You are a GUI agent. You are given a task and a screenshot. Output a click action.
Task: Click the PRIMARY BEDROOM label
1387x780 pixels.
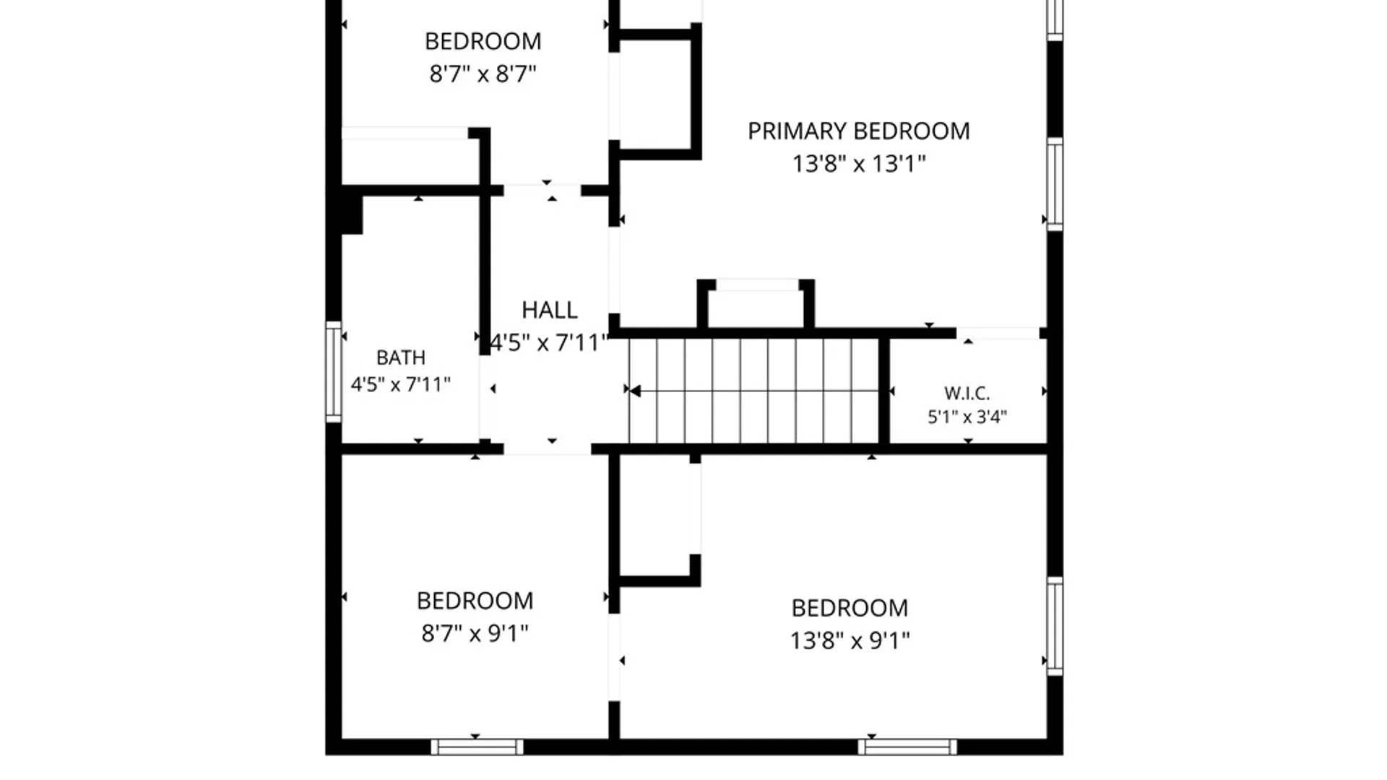(858, 131)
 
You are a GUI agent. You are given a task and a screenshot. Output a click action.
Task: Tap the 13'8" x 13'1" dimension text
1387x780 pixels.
(858, 164)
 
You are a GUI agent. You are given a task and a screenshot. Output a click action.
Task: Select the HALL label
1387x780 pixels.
(549, 311)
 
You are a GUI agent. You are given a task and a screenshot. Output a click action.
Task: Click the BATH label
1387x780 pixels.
(401, 357)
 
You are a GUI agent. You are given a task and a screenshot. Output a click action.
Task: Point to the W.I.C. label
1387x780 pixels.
(967, 394)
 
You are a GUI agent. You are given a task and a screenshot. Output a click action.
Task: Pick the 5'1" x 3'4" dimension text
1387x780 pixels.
(967, 417)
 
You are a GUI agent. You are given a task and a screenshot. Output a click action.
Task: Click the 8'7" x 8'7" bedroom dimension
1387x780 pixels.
(483, 74)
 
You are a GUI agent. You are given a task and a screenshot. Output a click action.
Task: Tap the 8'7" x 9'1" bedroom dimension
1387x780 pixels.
(475, 633)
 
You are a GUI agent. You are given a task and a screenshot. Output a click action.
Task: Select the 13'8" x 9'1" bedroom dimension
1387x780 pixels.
(850, 641)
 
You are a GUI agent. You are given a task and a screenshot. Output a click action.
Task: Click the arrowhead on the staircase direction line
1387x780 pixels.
(635, 391)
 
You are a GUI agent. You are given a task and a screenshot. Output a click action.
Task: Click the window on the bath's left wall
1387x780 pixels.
(333, 371)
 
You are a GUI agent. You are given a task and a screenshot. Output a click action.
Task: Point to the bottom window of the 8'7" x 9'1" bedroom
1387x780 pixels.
(477, 747)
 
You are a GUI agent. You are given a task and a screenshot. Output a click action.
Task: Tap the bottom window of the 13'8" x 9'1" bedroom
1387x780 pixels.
(907, 747)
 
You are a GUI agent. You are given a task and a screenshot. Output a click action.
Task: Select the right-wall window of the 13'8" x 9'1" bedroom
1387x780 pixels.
(1055, 626)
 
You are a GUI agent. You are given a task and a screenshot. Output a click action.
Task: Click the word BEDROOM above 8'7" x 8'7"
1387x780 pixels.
(483, 42)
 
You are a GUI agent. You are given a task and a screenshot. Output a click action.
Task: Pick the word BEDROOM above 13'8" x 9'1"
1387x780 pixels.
(850, 608)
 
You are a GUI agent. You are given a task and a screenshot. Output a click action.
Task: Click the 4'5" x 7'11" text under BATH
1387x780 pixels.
(401, 384)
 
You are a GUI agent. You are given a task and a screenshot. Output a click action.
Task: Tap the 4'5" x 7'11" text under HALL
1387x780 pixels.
(549, 342)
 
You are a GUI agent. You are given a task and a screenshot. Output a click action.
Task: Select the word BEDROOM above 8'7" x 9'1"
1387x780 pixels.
(475, 601)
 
